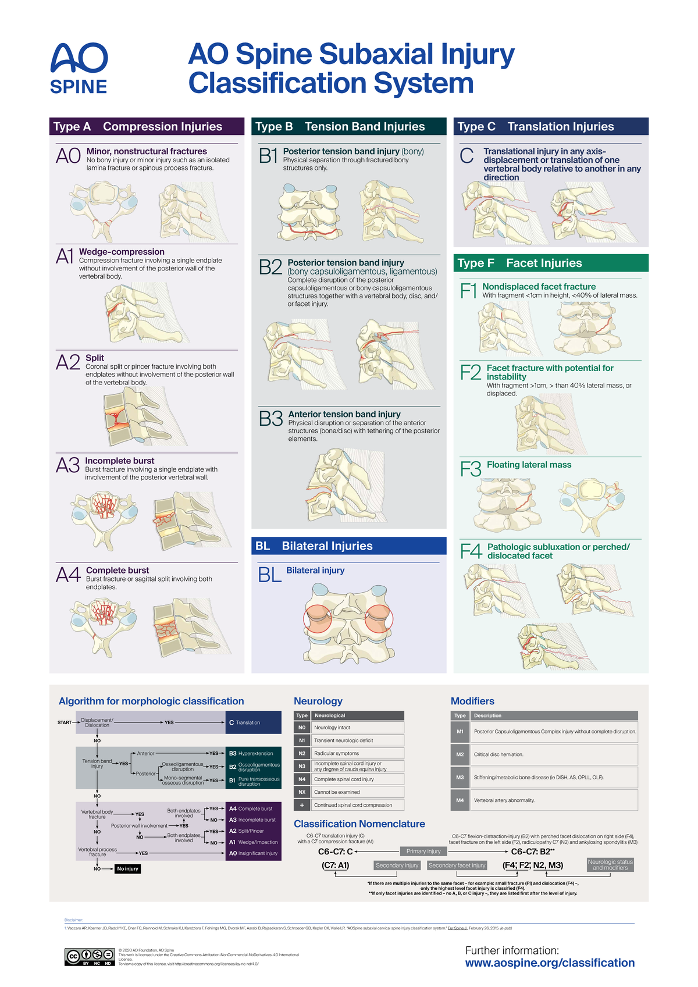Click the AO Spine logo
click(x=79, y=69)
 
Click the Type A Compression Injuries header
click(x=147, y=126)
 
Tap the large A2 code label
click(x=68, y=363)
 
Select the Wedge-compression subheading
click(x=122, y=252)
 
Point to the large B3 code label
click(x=270, y=419)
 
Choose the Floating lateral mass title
click(x=529, y=465)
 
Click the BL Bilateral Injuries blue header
click(x=348, y=546)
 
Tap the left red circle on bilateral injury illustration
click(x=318, y=619)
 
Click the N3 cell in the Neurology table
click(x=302, y=766)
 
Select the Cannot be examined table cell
click(x=357, y=792)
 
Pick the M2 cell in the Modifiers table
click(x=460, y=754)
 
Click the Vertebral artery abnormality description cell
click(x=555, y=800)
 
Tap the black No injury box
click(x=128, y=869)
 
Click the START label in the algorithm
click(x=65, y=722)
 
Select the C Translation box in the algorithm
click(x=253, y=722)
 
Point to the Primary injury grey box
click(x=423, y=851)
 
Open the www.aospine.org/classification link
click(x=550, y=963)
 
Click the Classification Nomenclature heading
click(x=359, y=824)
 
